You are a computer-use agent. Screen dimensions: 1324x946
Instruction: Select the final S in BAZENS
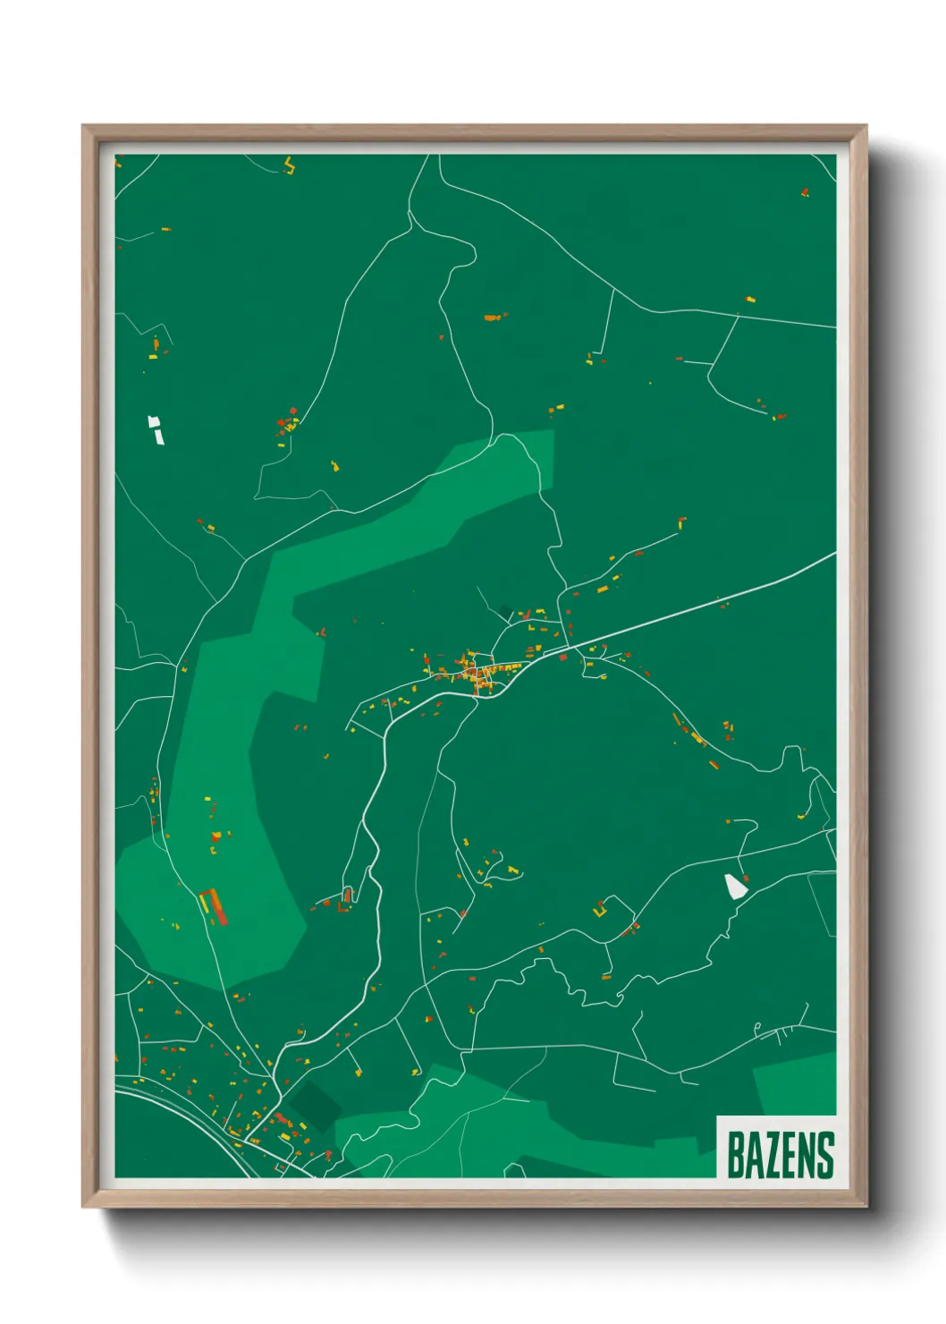(x=825, y=1155)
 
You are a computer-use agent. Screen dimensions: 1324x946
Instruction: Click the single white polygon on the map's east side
(x=734, y=886)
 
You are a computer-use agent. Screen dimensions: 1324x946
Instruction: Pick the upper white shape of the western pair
(x=154, y=422)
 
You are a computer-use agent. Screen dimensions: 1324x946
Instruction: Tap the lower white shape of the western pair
(x=159, y=437)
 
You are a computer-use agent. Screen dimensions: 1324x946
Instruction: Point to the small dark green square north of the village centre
(x=506, y=612)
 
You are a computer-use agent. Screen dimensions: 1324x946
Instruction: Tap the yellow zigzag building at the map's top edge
(x=289, y=165)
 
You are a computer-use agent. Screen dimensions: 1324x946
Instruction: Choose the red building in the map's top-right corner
(x=805, y=192)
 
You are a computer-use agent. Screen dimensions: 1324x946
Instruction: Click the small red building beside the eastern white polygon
(x=747, y=878)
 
